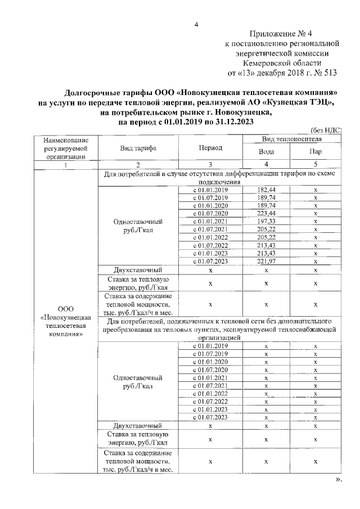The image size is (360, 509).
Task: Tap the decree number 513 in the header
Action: point(334,73)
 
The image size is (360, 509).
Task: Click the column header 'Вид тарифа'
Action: point(138,148)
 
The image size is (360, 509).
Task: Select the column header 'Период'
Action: point(210,148)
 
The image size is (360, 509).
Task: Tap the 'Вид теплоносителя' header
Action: point(291,138)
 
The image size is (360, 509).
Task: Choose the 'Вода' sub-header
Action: point(266,152)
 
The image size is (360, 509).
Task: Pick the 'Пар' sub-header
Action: point(316,152)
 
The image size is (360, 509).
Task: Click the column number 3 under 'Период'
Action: point(210,165)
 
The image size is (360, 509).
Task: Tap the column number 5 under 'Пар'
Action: point(316,165)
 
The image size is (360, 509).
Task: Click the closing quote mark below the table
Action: point(338,480)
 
